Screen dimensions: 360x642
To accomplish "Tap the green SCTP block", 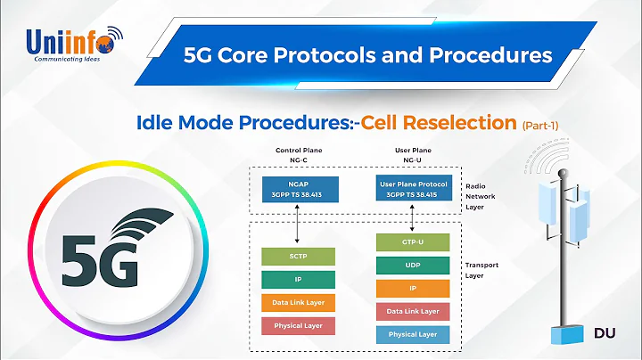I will point(298,257).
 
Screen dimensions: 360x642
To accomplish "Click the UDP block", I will point(412,266).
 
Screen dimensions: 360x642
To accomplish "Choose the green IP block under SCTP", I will point(298,280).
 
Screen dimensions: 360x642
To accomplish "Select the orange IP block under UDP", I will point(412,288).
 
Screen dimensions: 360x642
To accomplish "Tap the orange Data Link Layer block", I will point(298,303).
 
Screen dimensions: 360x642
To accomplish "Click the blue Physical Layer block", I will point(412,334).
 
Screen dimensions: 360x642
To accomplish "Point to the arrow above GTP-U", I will point(412,219).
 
